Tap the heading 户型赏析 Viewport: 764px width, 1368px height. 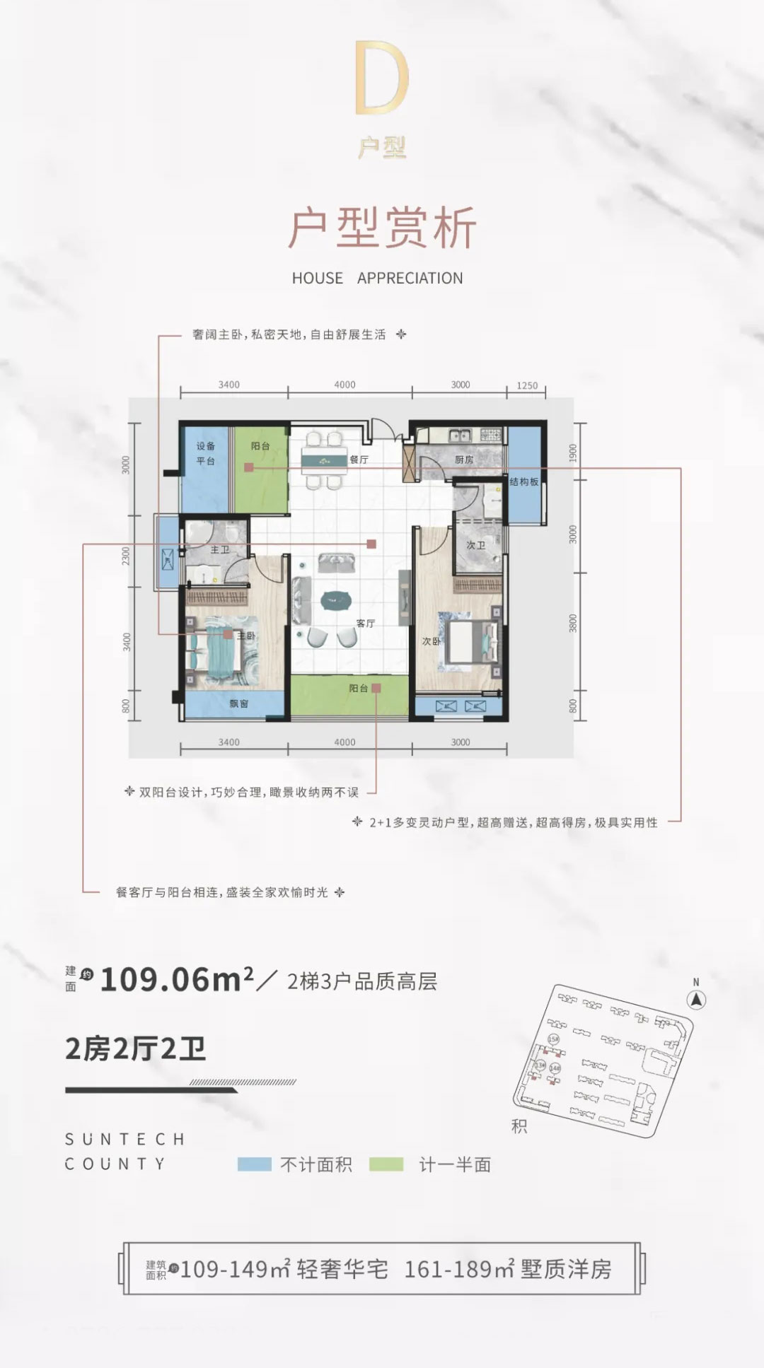point(382,228)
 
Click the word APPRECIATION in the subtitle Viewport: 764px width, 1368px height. point(410,279)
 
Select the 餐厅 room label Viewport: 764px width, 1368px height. point(359,460)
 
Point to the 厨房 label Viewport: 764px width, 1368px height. point(464,460)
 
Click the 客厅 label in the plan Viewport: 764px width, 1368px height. point(366,624)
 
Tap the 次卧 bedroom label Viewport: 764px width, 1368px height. point(431,641)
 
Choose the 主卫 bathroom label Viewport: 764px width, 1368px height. point(220,549)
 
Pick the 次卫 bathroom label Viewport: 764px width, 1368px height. point(475,545)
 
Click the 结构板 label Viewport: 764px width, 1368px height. point(524,481)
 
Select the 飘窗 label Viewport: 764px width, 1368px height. point(238,703)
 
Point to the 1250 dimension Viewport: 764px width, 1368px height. point(527,385)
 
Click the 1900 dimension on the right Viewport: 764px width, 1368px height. point(573,452)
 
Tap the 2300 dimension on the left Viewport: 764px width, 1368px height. point(126,556)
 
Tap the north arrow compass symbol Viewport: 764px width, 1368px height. point(697,999)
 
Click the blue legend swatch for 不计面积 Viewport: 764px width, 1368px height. point(255,1164)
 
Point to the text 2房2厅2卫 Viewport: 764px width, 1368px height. point(135,1049)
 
